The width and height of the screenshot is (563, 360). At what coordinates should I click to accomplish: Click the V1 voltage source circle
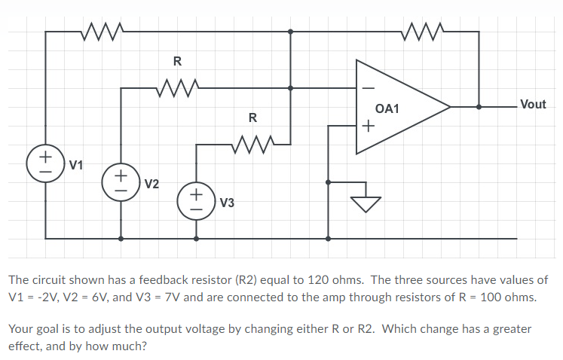[45, 163]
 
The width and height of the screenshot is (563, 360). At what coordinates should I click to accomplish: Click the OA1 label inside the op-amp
[387, 109]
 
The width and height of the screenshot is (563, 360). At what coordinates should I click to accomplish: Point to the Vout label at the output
[532, 105]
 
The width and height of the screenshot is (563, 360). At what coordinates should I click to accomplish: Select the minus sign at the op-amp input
[368, 87]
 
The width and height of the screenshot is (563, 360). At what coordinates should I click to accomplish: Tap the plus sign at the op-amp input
[368, 126]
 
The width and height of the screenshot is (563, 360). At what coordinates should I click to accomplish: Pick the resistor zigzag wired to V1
[102, 31]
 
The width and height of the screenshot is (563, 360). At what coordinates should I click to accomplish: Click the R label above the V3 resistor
[252, 117]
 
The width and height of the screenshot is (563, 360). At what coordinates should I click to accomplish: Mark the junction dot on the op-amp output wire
[479, 107]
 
